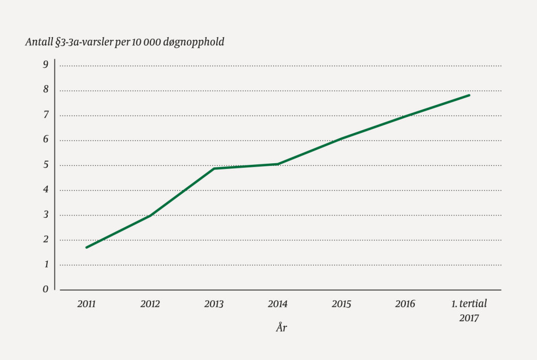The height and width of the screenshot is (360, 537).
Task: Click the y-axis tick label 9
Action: [46, 65]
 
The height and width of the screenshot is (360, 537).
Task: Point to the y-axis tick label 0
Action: [46, 289]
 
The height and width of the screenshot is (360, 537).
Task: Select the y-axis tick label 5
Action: [46, 164]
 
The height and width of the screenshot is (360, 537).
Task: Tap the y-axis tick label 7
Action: [46, 114]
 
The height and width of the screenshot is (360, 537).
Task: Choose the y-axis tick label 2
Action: [46, 239]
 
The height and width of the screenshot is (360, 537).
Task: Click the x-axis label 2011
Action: [87, 304]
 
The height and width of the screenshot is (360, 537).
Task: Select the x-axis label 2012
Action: [150, 304]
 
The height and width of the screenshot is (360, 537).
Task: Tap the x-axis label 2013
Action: [214, 304]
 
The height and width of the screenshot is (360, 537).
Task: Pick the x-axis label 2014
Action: [277, 304]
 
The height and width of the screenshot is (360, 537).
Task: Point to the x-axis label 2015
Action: [341, 304]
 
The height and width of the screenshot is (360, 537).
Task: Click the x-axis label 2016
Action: [405, 304]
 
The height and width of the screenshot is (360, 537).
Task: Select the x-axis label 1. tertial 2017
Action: [469, 311]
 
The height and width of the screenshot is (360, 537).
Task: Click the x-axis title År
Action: [282, 328]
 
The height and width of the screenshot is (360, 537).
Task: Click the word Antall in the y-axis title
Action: [38, 43]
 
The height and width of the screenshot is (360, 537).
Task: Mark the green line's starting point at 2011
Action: [87, 247]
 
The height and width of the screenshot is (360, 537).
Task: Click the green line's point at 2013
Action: [214, 168]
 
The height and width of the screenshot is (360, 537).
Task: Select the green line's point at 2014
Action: [277, 164]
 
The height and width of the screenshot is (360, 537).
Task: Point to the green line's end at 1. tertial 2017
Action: [469, 95]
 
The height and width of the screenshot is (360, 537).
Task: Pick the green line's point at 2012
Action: [151, 215]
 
